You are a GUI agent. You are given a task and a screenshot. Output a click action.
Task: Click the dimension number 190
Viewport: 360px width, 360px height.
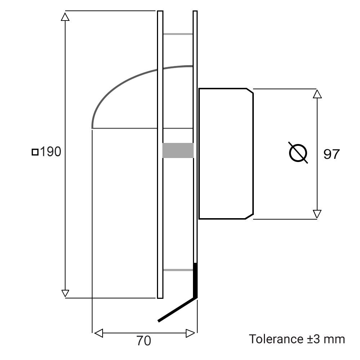click(50, 152)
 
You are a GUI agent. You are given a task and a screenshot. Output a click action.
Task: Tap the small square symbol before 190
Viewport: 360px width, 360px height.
click(35, 152)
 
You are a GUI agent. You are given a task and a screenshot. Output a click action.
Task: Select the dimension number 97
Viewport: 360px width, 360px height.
click(331, 154)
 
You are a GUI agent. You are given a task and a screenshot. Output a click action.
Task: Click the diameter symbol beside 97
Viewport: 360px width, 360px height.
click(298, 153)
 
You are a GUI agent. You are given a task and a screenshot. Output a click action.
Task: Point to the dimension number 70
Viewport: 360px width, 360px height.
click(144, 341)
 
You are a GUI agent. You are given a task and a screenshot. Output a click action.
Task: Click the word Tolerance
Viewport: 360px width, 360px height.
click(276, 339)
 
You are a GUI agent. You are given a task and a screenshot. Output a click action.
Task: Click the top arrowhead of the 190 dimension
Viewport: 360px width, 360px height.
click(65, 17)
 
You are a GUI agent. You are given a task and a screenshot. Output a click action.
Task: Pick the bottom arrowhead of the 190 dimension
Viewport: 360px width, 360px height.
click(65, 293)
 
